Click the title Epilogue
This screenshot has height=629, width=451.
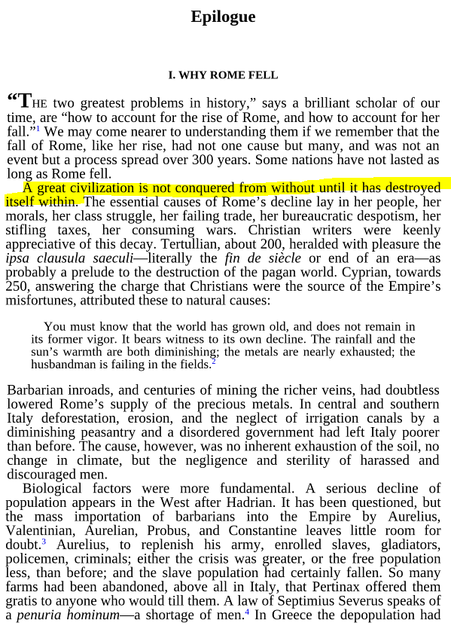[x=223, y=17]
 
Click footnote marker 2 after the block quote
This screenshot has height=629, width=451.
[x=214, y=362]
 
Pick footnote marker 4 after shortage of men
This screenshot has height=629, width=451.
[x=246, y=612]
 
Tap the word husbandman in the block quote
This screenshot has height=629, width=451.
[x=64, y=365]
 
